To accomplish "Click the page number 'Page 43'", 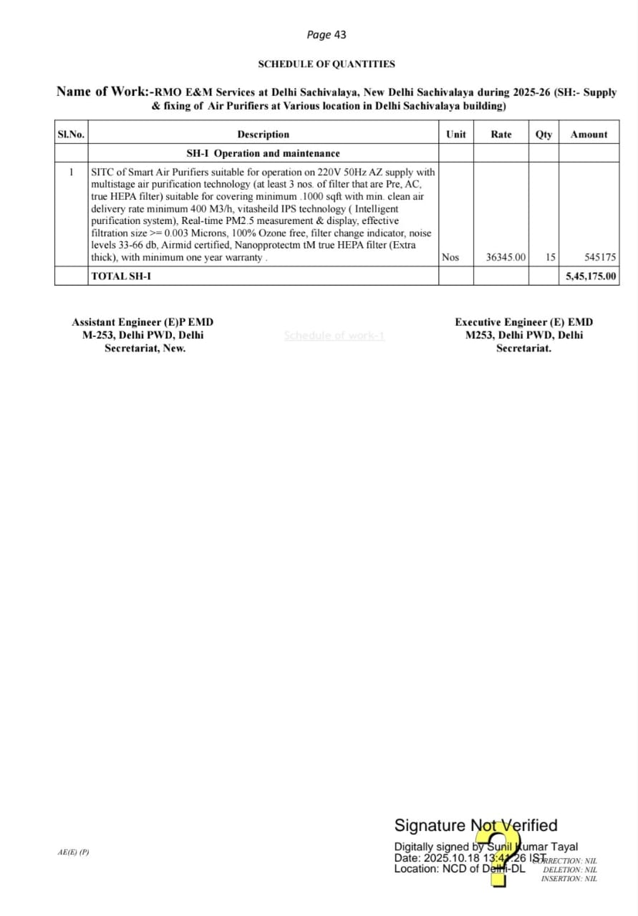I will (x=326, y=34).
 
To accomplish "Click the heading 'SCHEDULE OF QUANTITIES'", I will (x=327, y=64).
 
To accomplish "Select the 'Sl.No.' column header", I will (x=71, y=135).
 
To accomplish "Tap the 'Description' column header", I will (x=263, y=135).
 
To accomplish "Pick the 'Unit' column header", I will (x=455, y=135).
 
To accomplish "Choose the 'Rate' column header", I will (x=501, y=135).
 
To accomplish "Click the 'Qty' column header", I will (x=543, y=135).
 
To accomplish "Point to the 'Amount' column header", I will (x=589, y=135).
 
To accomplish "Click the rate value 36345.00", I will (x=506, y=258).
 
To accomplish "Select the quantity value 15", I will (x=550, y=258).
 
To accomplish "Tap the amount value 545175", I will (x=600, y=258).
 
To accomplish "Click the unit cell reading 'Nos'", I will (x=450, y=258).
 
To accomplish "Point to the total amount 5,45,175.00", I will (x=591, y=276).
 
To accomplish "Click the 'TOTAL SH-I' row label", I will (x=121, y=276).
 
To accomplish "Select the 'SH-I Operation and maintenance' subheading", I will (x=263, y=154).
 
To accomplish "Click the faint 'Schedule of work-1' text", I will (x=334, y=336).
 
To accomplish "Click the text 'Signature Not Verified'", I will (x=475, y=826).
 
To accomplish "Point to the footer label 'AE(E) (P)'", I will (x=74, y=852).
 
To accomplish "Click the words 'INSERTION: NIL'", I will (x=569, y=879).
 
